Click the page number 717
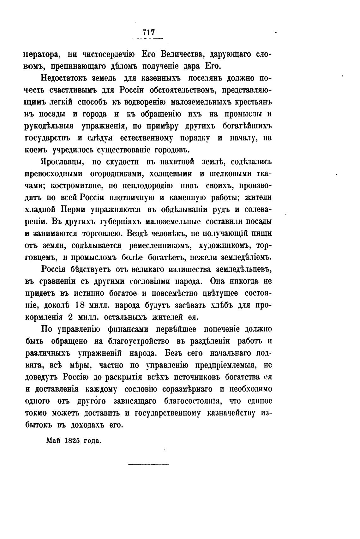pos(148,33)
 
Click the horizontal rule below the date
pos(148,464)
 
